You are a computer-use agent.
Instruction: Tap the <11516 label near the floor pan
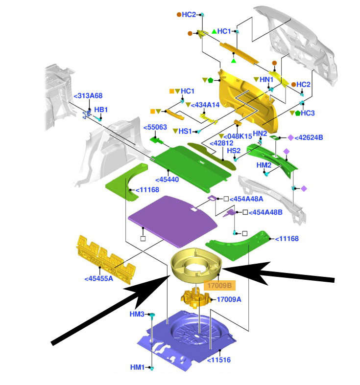pos(218,360)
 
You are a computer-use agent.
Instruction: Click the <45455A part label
pos(99,279)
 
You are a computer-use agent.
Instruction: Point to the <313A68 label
pos(88,96)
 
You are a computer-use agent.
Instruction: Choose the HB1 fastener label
pos(101,109)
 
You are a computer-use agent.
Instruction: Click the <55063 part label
pos(155,128)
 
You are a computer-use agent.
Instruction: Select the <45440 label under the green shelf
pos(167,180)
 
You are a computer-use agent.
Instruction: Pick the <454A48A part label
pos(247,199)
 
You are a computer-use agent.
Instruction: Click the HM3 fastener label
pos(138,314)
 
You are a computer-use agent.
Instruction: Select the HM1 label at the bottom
pos(138,367)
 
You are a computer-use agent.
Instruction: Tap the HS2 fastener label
pos(233,151)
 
